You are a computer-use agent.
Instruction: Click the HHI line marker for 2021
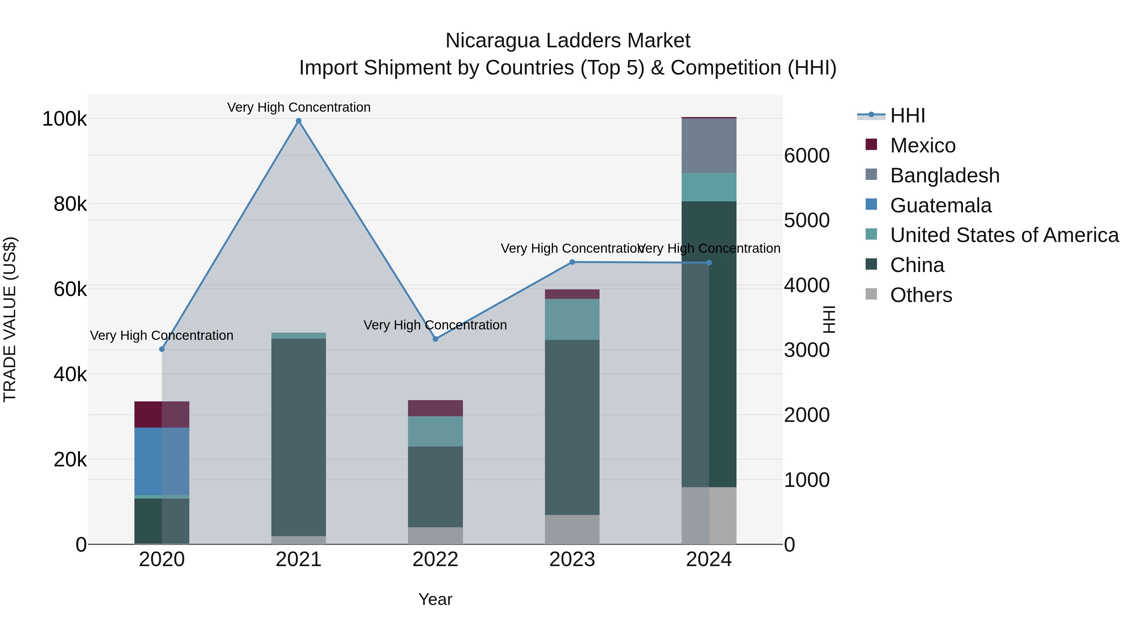299,121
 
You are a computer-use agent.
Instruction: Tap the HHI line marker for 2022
435,339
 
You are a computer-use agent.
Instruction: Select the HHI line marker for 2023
572,262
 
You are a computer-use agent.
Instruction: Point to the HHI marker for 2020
162,349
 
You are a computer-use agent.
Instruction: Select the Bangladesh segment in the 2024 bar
709,145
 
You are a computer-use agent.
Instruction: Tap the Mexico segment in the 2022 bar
435,408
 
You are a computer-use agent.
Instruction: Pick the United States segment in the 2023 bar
572,319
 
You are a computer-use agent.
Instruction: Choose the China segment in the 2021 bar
299,437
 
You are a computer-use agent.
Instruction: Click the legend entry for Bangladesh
944,175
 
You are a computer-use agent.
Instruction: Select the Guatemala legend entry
941,205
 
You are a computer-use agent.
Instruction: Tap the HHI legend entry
907,115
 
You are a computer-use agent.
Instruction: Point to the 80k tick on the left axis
70,204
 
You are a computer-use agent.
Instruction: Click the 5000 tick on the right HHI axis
807,221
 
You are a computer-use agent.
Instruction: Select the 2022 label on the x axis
435,559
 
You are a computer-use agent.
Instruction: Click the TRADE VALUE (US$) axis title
10,319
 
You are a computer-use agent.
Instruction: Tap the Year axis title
435,599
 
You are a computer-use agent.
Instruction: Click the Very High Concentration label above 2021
299,107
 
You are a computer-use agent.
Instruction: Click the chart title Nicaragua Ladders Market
568,41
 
